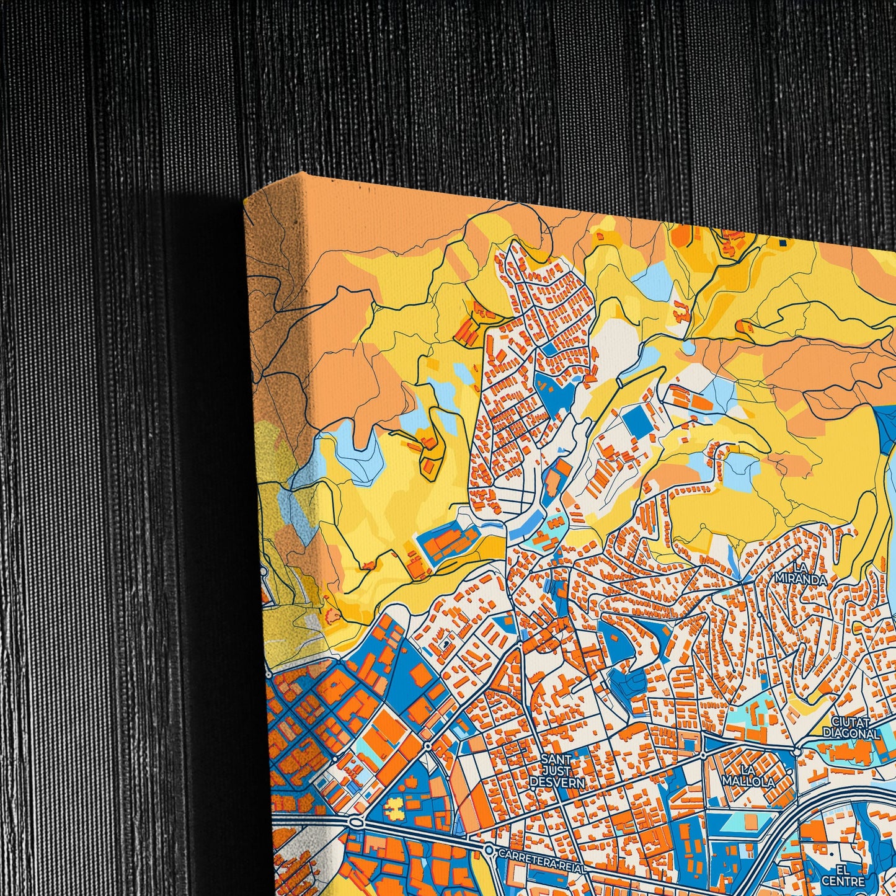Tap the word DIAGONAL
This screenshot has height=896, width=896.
pyautogui.click(x=851, y=734)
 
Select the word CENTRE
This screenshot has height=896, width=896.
pyautogui.click(x=838, y=880)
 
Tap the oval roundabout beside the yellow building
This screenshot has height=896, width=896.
pyautogui.click(x=356, y=822)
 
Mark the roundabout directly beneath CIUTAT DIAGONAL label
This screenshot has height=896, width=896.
pyautogui.click(x=797, y=751)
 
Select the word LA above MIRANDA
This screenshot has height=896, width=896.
pyautogui.click(x=800, y=568)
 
